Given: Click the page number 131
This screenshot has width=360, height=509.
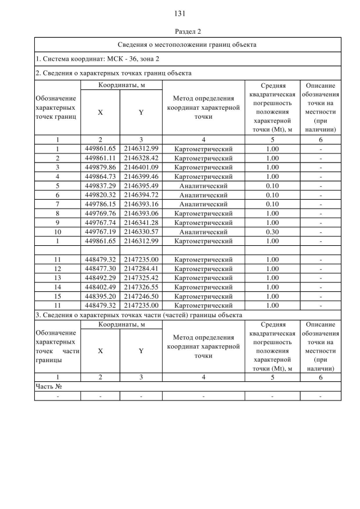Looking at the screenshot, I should (x=180, y=13).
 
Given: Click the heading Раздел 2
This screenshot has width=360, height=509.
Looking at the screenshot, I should (x=180, y=31).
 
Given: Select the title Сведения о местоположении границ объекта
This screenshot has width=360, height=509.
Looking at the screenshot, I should (x=188, y=44).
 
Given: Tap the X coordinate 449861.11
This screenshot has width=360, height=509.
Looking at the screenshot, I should (x=100, y=158).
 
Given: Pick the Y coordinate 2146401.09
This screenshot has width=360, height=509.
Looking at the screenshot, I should (x=141, y=167).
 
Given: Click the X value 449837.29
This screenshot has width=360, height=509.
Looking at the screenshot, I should (x=100, y=186).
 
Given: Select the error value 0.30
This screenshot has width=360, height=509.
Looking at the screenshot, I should (x=272, y=232).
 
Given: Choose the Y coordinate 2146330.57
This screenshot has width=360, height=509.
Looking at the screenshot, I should (x=141, y=232).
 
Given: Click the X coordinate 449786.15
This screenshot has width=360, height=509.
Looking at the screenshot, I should (x=100, y=204).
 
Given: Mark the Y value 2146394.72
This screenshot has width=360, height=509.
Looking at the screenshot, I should (x=141, y=195).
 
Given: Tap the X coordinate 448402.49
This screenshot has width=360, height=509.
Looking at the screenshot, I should (x=100, y=287).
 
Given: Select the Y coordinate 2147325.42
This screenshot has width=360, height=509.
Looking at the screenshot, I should (x=141, y=278).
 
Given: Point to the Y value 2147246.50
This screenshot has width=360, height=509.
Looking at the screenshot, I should (x=141, y=296).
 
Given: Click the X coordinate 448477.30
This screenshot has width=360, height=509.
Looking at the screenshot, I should (x=100, y=268).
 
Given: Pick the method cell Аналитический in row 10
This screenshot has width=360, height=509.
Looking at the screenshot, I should (x=203, y=232).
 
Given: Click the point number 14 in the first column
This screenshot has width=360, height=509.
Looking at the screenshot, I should (x=57, y=287).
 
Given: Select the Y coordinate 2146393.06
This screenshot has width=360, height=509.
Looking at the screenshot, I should (x=141, y=213).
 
